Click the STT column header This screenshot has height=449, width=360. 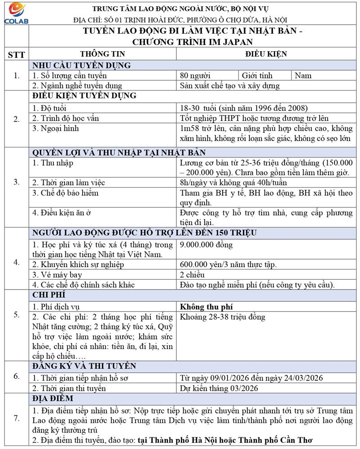16,54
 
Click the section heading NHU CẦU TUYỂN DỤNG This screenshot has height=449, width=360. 81,65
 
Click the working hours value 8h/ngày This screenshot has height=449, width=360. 233,183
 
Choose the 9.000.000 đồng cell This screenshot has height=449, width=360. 206,245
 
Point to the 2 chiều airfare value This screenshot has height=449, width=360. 192,275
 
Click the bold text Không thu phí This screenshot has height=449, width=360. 206,307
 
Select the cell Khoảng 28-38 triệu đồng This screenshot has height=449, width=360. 222,317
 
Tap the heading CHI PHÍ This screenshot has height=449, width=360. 49,295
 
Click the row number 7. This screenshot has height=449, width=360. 16,418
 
